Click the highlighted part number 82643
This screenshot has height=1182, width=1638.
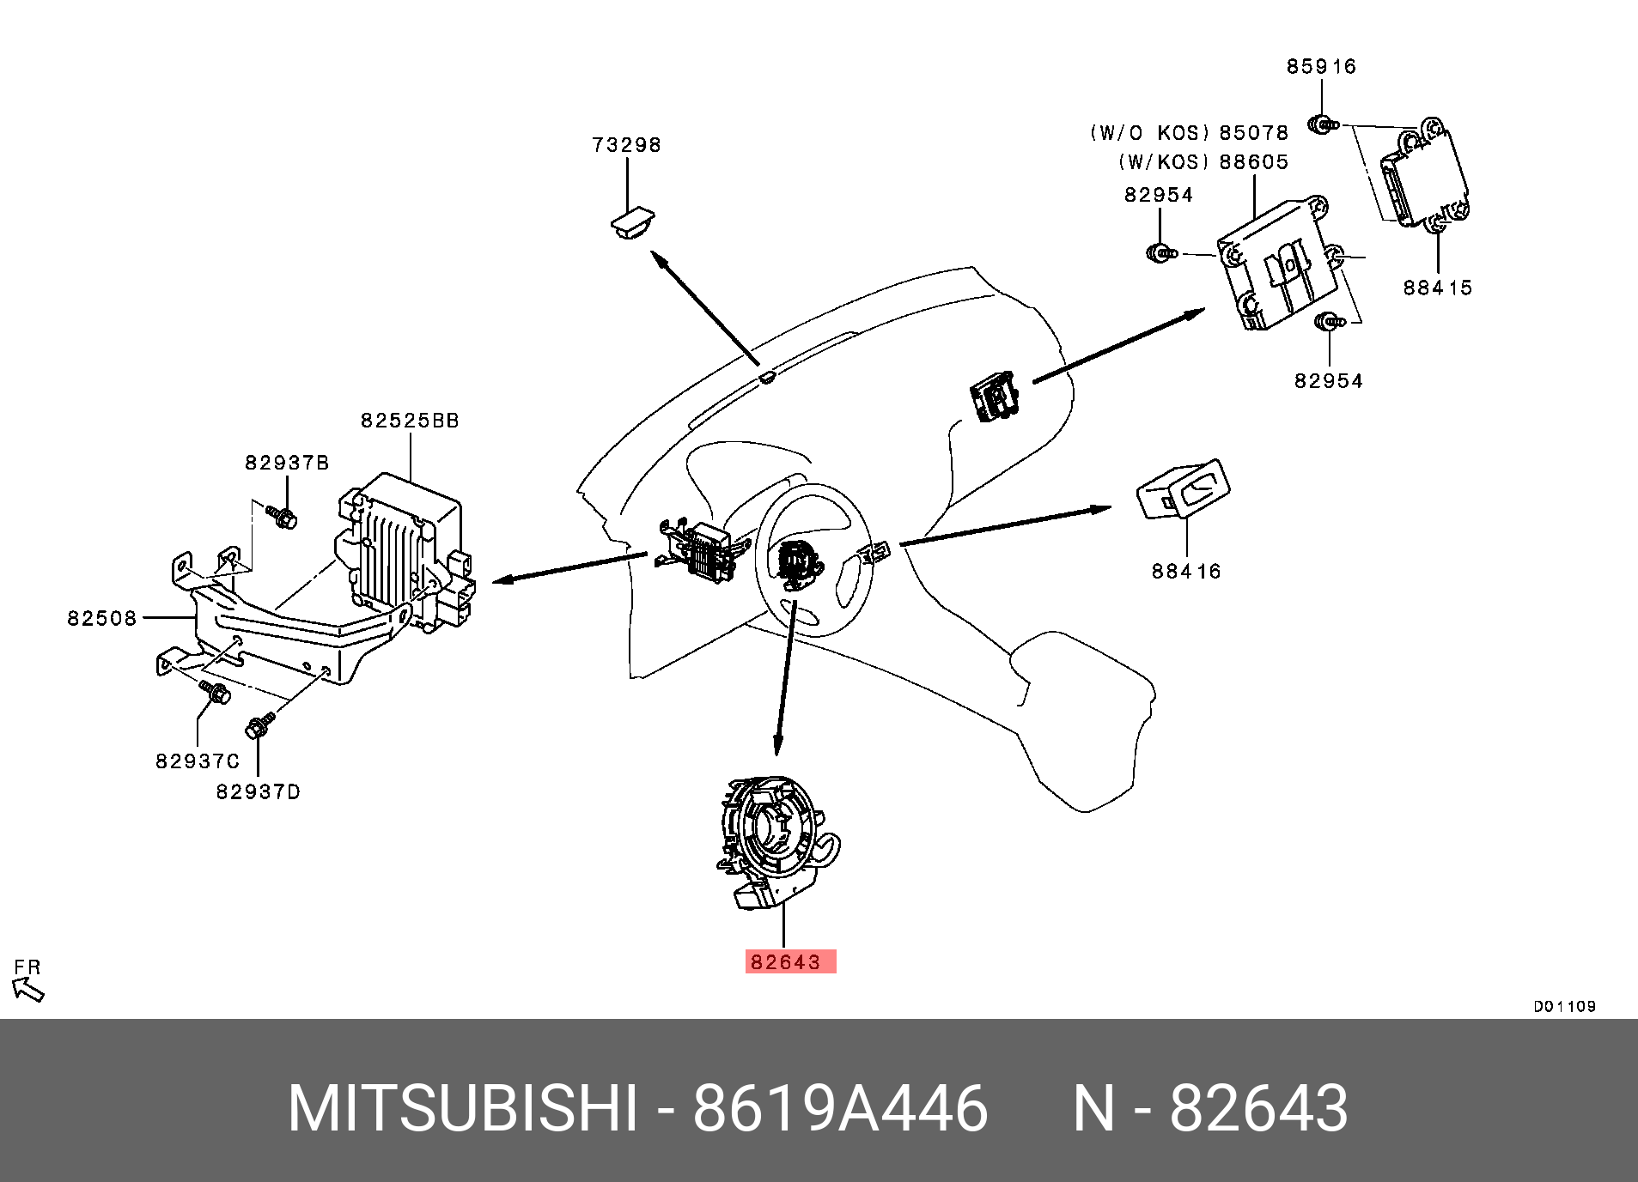click(786, 962)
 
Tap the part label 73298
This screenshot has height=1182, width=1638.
click(627, 145)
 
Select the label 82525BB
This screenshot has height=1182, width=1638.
click(410, 421)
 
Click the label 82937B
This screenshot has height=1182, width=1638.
click(287, 464)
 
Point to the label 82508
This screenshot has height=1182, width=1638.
click(102, 618)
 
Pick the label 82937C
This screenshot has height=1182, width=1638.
click(198, 761)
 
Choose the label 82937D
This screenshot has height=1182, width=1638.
click(258, 791)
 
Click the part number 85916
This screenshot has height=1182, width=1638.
click(1321, 67)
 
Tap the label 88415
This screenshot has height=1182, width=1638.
click(1438, 288)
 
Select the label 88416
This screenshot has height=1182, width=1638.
click(1186, 571)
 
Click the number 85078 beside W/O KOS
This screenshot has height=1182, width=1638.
click(1254, 133)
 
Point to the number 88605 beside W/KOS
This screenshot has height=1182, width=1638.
click(1254, 162)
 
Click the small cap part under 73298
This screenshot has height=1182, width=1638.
click(631, 222)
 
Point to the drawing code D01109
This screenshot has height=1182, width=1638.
click(1564, 1006)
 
